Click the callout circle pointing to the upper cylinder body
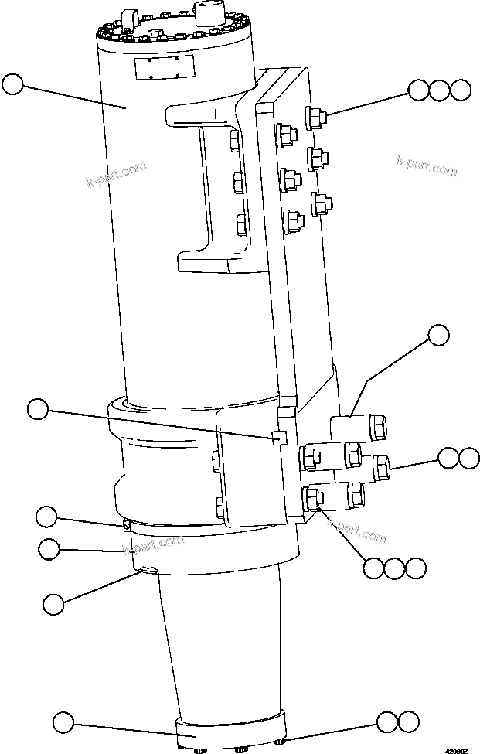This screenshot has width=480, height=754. coord(13,84)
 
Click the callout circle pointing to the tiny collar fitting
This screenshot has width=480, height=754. coord(47,516)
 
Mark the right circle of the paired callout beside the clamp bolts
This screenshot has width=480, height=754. coord(468,457)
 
